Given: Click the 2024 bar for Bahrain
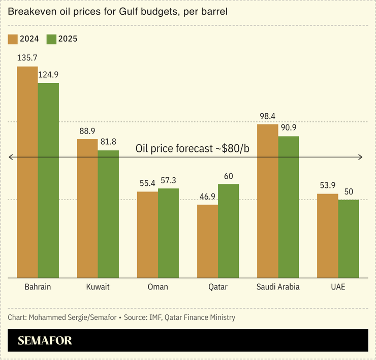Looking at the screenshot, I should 27,172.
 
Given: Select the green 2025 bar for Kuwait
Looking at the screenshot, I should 108,214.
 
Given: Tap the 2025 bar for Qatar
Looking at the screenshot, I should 228,231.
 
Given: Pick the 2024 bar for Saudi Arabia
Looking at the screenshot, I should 267,201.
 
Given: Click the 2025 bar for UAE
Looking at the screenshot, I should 349,239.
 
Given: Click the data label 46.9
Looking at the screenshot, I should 207,197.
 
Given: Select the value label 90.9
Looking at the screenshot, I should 289,127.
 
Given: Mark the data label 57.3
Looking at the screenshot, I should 168,180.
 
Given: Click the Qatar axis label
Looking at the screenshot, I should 217,287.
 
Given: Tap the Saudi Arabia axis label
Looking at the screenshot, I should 278,287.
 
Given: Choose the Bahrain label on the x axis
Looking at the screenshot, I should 38,287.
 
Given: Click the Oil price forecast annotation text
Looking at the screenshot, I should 196,148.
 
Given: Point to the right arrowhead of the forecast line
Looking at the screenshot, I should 360,157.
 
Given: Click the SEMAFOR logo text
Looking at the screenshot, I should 45,340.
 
